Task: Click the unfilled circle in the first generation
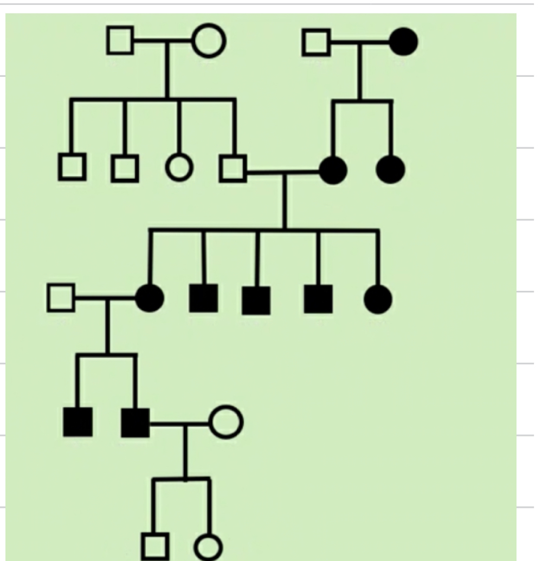click(x=209, y=41)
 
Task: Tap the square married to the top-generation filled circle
click(x=317, y=42)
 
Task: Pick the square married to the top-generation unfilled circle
click(x=120, y=41)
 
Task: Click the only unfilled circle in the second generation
click(x=179, y=167)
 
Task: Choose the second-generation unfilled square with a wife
click(x=233, y=168)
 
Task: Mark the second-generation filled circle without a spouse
click(x=390, y=169)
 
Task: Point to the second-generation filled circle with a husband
click(x=333, y=171)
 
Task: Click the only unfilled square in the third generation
click(x=61, y=298)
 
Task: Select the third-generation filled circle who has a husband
click(x=149, y=298)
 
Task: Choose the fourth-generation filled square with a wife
click(x=135, y=423)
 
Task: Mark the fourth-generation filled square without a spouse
click(x=78, y=422)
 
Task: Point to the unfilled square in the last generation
click(x=155, y=546)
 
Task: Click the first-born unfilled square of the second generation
click(x=72, y=167)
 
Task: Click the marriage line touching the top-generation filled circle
click(x=360, y=42)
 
